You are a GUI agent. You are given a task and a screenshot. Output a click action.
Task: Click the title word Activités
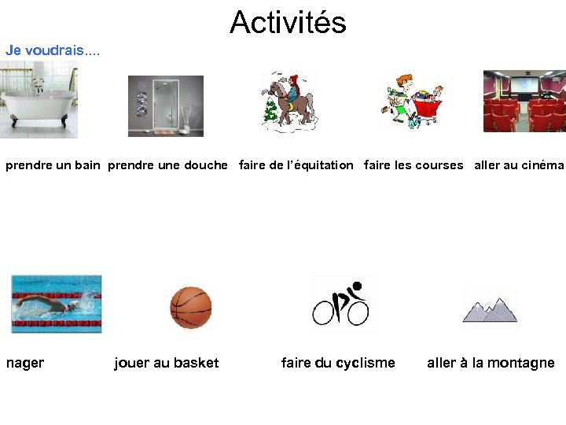(x=288, y=23)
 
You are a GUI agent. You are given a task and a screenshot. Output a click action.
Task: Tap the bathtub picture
(x=39, y=100)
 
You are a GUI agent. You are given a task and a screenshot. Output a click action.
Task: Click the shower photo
(x=166, y=106)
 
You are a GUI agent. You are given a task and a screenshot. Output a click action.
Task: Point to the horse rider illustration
(x=289, y=103)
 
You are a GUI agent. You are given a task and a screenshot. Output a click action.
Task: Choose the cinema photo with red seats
(x=524, y=102)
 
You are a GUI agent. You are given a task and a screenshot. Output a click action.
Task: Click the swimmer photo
(x=56, y=304)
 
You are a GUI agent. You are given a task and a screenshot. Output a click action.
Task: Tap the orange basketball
(x=191, y=307)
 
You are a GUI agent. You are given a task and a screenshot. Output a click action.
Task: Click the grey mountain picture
(x=490, y=306)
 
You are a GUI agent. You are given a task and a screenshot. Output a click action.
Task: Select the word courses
(x=439, y=165)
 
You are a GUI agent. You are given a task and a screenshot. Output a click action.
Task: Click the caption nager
(x=25, y=363)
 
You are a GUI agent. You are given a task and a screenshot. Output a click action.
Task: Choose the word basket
(x=197, y=363)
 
